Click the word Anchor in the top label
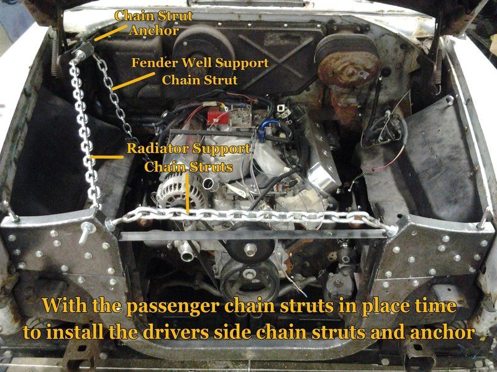coord(154,30)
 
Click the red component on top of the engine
coord(218,117)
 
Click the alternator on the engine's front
coord(176,190)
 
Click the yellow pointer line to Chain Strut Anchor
coord(111,33)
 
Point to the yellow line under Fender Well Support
coord(134,81)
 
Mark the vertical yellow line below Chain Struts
coord(188,193)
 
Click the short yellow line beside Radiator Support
coord(106,157)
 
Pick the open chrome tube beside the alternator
coord(209,184)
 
